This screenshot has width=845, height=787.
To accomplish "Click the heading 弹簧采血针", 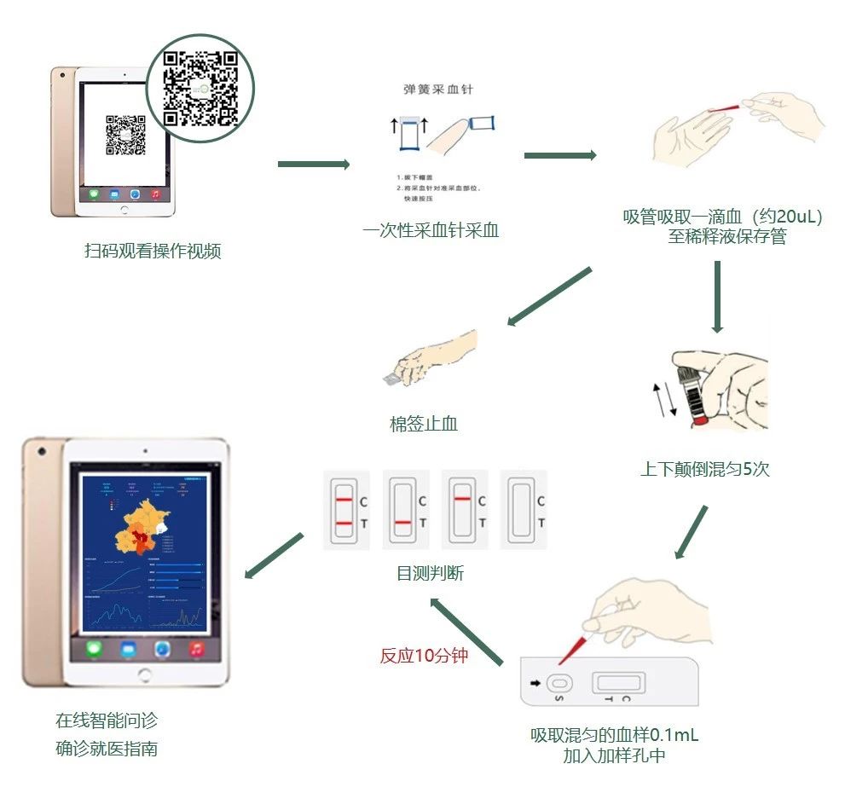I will tap(437, 89).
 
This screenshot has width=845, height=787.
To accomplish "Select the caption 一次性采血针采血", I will tap(430, 230).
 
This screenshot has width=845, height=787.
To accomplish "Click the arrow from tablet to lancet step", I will tap(313, 165).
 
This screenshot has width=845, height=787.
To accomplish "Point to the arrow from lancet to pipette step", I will tap(559, 155).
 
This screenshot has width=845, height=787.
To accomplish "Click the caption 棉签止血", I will tap(424, 423).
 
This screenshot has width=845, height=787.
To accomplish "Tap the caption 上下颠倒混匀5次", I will tap(704, 469).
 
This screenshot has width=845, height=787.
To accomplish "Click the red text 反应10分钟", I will tap(424, 656).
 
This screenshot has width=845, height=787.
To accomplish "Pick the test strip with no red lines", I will tap(521, 510).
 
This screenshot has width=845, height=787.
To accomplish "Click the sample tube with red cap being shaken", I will tap(692, 388).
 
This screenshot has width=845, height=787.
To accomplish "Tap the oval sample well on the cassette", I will tap(559, 683).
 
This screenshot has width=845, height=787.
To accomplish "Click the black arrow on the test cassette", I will tap(535, 682).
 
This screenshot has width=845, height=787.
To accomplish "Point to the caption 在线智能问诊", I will tap(107, 720).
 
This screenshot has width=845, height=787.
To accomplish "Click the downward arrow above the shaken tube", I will tap(717, 296).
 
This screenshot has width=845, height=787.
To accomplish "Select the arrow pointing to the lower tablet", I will tap(274, 556).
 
